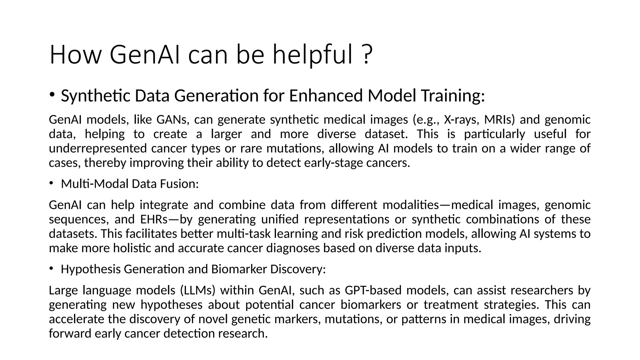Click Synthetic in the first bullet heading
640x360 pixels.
point(95,96)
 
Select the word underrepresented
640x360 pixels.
point(97,148)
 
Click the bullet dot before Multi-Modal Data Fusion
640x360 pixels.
point(51,183)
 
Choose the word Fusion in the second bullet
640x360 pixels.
point(179,184)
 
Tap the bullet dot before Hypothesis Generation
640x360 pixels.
point(51,269)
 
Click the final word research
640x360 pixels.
point(243,333)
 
